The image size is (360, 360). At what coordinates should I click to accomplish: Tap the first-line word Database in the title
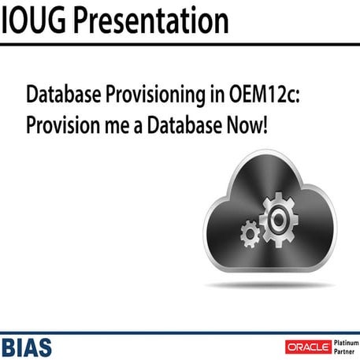pos(67,96)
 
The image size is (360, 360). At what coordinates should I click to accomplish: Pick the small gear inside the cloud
pos(250,232)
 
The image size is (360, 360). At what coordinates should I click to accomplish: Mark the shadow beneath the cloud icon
pos(268,284)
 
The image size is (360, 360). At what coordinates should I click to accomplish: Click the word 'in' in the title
pos(217,96)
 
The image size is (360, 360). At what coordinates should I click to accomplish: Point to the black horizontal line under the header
pos(180,44)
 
